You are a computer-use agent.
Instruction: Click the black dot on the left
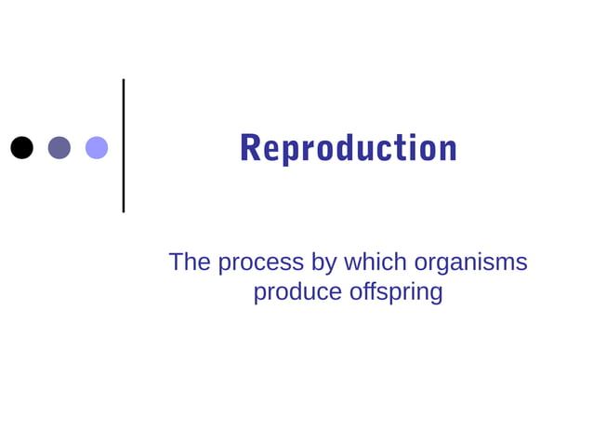[21, 147]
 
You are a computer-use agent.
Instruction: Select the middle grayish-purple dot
[59, 147]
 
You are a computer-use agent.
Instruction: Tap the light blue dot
[97, 147]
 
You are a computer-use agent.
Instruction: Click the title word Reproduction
[348, 148]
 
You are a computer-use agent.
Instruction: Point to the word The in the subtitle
[190, 263]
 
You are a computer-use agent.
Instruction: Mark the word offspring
[396, 293]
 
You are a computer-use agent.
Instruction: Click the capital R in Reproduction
[250, 148]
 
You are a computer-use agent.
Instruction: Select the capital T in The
[177, 263]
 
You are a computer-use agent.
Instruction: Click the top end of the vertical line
[123, 81]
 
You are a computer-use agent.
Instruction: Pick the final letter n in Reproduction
[449, 151]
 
